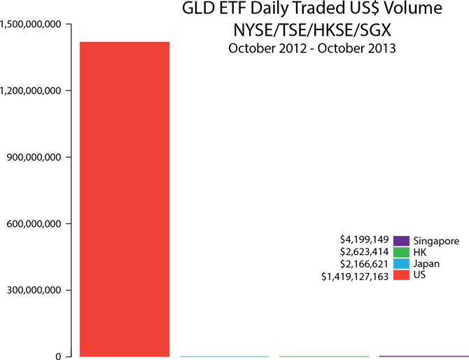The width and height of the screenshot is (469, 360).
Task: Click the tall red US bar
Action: [x=125, y=199]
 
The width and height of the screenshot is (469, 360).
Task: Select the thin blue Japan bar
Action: [x=224, y=356]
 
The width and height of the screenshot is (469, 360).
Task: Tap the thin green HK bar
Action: [x=323, y=356]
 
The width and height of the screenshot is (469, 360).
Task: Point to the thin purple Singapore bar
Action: [x=423, y=356]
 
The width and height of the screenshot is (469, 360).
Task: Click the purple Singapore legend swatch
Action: [x=401, y=241]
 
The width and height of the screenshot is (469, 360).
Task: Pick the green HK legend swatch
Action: [x=401, y=252]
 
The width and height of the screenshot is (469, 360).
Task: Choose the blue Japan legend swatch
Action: [x=401, y=264]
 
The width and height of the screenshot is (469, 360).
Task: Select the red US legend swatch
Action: [x=401, y=276]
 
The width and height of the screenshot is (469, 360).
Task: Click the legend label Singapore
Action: [x=437, y=241]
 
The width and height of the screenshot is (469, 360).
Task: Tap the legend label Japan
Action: [x=427, y=264]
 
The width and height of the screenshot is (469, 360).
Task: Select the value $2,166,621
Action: [x=364, y=264]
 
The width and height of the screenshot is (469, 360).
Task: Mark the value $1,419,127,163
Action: [x=354, y=277]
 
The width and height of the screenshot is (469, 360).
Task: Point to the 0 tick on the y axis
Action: [x=59, y=356]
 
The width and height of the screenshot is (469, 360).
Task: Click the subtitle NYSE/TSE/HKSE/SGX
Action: [x=311, y=31]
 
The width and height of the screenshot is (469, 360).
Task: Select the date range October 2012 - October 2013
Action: [x=311, y=49]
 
